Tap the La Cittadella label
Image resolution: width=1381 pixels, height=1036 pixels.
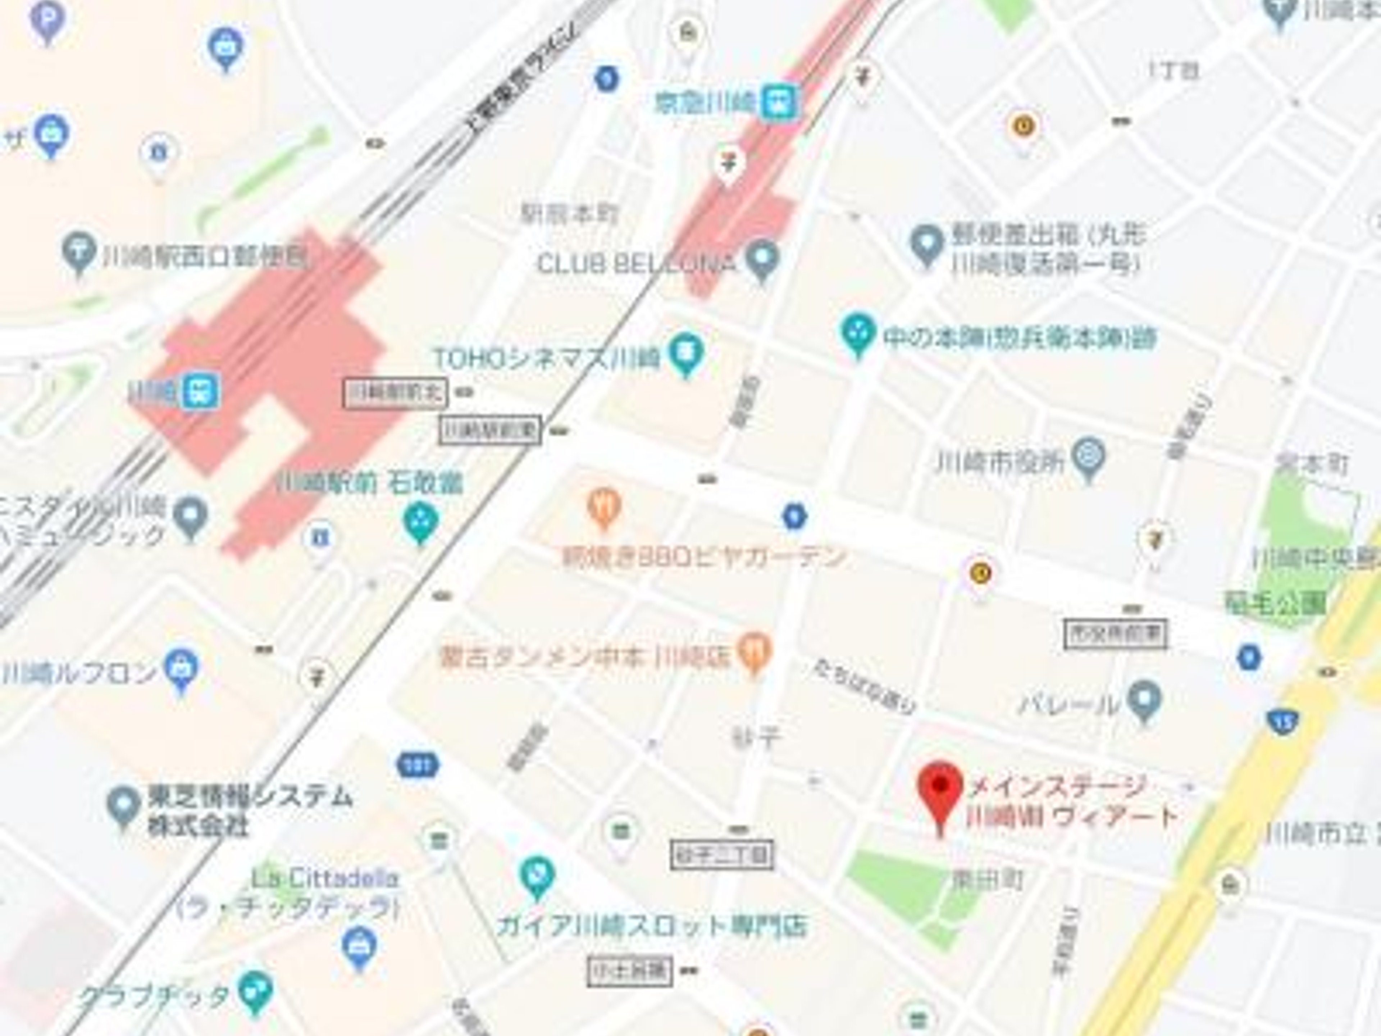325,879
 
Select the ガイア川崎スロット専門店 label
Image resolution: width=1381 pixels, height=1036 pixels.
651,926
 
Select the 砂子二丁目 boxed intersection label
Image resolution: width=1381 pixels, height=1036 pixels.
722,855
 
